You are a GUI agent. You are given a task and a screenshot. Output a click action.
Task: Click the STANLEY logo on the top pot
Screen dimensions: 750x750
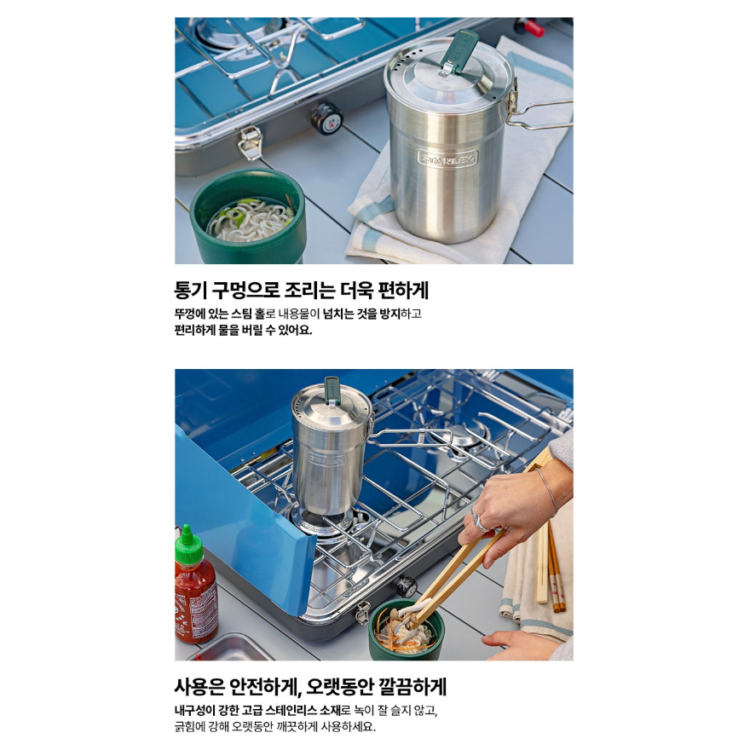[x=447, y=159]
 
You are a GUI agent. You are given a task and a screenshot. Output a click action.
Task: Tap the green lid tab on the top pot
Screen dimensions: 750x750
[x=459, y=50]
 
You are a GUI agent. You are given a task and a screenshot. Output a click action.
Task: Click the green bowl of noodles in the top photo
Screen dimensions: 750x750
[x=248, y=217]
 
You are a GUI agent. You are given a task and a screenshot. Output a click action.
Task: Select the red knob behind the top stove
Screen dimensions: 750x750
[x=530, y=26]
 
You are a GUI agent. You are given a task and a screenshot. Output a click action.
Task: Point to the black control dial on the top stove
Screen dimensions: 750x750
[x=326, y=118]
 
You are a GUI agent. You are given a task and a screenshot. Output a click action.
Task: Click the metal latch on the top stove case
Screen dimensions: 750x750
[x=251, y=142]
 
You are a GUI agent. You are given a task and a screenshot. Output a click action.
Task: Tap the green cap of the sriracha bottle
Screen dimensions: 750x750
[x=188, y=545]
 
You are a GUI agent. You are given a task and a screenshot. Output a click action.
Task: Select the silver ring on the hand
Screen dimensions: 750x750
[x=478, y=521]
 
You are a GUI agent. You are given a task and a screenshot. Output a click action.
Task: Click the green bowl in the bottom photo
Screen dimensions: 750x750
[x=406, y=631]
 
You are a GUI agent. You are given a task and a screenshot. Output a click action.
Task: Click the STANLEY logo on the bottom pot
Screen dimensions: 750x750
[x=326, y=460]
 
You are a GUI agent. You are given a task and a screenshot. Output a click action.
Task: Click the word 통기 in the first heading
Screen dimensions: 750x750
[x=190, y=291]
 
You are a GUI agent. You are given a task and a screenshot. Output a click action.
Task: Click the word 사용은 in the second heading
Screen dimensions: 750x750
[x=199, y=687]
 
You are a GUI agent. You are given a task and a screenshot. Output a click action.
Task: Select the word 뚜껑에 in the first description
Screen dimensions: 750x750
[x=190, y=314]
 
